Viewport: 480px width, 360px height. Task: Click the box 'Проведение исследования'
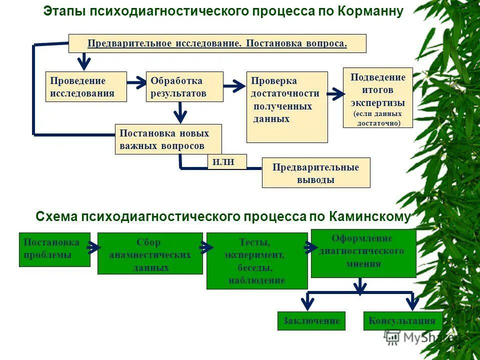[x=86, y=87]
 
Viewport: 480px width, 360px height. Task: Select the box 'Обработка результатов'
[x=184, y=87]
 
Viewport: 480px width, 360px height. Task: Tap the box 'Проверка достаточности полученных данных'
[x=287, y=107]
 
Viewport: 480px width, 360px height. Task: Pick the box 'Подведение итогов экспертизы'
[x=377, y=97]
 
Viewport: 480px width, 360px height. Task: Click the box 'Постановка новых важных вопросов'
[x=168, y=139]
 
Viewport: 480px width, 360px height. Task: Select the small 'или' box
[x=227, y=162]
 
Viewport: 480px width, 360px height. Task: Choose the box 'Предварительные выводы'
[x=315, y=173]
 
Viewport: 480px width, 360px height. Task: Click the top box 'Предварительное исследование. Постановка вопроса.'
[x=217, y=43]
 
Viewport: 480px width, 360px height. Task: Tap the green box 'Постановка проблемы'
[x=54, y=249]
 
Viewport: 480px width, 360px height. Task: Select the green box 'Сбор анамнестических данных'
[x=149, y=253]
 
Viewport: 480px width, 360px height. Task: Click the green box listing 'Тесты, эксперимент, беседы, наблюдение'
[x=256, y=261]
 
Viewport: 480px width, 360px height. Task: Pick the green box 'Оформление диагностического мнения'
[x=363, y=253]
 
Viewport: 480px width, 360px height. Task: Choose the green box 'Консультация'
[x=402, y=321]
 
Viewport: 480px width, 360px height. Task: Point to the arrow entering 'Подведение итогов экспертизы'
[x=335, y=93]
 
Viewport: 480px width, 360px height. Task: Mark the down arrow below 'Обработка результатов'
[x=180, y=112]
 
